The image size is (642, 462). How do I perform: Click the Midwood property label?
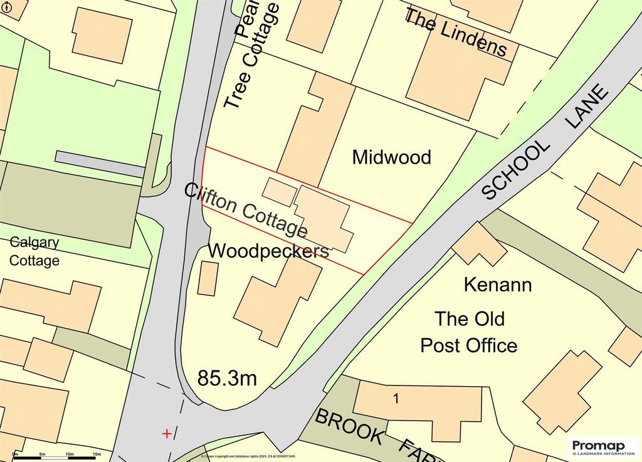click(391, 157)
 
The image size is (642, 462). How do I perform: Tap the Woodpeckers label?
click(268, 251)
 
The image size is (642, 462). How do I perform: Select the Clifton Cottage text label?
click(246, 210)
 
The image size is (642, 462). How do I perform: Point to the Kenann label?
click(497, 285)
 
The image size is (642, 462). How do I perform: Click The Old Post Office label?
click(469, 332)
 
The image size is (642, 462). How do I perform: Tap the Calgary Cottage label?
click(34, 251)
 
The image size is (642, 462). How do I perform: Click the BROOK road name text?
click(348, 426)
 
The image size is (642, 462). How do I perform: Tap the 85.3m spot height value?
click(227, 378)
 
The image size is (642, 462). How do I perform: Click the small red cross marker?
click(167, 433)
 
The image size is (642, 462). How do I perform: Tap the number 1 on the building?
click(396, 398)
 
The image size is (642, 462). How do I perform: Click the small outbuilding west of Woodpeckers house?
click(208, 278)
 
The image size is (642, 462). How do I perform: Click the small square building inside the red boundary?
click(278, 192)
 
